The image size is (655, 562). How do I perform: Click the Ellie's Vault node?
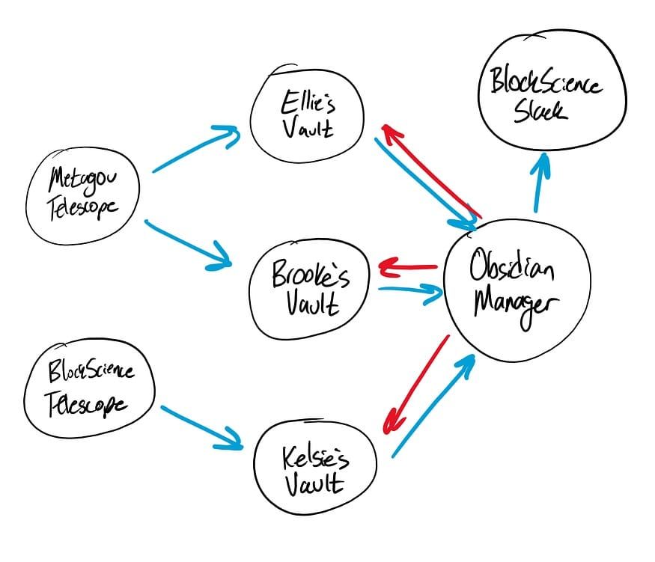306,117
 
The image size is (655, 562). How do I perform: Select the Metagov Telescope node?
82,193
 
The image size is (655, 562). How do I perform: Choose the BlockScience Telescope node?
89,389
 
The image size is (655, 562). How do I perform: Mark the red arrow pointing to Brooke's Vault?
409,266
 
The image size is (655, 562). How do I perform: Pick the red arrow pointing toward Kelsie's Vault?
416,384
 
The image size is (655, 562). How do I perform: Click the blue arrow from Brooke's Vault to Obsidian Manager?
412,290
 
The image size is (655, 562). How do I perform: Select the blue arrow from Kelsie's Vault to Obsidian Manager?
434,404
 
